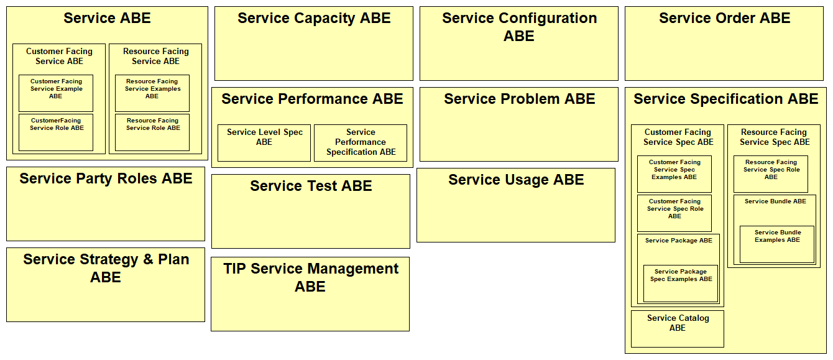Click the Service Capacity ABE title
[x=314, y=18]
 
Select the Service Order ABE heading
[x=724, y=18]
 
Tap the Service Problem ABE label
[x=519, y=99]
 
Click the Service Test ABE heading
[x=311, y=186]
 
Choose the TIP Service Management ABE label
[x=311, y=277]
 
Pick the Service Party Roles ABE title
[x=106, y=179]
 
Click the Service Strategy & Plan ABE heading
[x=106, y=268]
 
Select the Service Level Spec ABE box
[x=264, y=143]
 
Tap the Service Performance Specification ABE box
[x=361, y=143]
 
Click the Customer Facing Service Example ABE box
[x=56, y=93]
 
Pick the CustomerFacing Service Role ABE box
[x=56, y=132]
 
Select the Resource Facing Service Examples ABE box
[x=152, y=93]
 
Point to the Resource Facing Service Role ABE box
[x=152, y=132]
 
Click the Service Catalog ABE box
[x=678, y=329]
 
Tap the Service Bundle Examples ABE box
[x=777, y=244]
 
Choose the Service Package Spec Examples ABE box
[x=681, y=284]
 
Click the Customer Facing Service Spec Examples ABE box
[x=674, y=174]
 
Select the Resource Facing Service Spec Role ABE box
[x=771, y=174]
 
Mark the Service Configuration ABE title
[x=519, y=27]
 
